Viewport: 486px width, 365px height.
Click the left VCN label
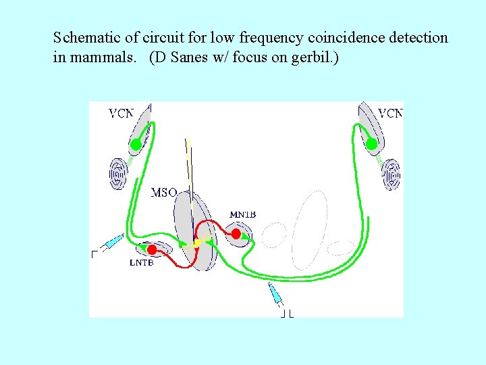coord(122,114)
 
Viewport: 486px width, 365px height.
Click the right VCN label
coord(390,114)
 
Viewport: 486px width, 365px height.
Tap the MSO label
coord(164,193)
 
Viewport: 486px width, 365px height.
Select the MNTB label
coord(243,215)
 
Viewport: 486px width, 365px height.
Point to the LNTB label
coord(141,263)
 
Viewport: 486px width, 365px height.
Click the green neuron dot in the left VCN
coord(136,144)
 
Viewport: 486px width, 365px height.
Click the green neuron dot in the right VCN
coord(371,144)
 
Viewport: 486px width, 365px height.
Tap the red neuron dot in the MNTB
coord(236,234)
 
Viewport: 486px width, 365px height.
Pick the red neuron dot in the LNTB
coord(152,250)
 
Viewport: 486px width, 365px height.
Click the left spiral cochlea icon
coord(118,174)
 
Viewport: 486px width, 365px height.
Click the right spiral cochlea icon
coord(391,174)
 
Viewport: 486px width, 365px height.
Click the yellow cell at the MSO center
coord(197,242)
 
